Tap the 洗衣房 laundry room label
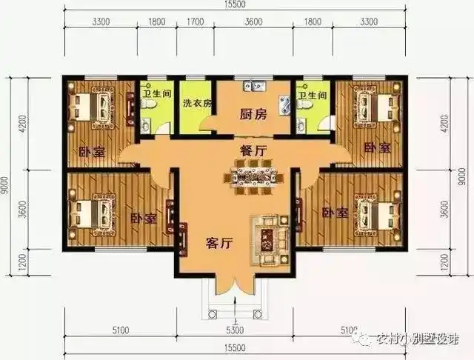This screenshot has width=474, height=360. coord(196,102)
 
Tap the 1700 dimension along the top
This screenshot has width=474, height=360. coord(196,22)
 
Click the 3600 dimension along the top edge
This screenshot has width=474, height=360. coord(254,22)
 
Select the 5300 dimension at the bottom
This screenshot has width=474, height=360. coord(235,330)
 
